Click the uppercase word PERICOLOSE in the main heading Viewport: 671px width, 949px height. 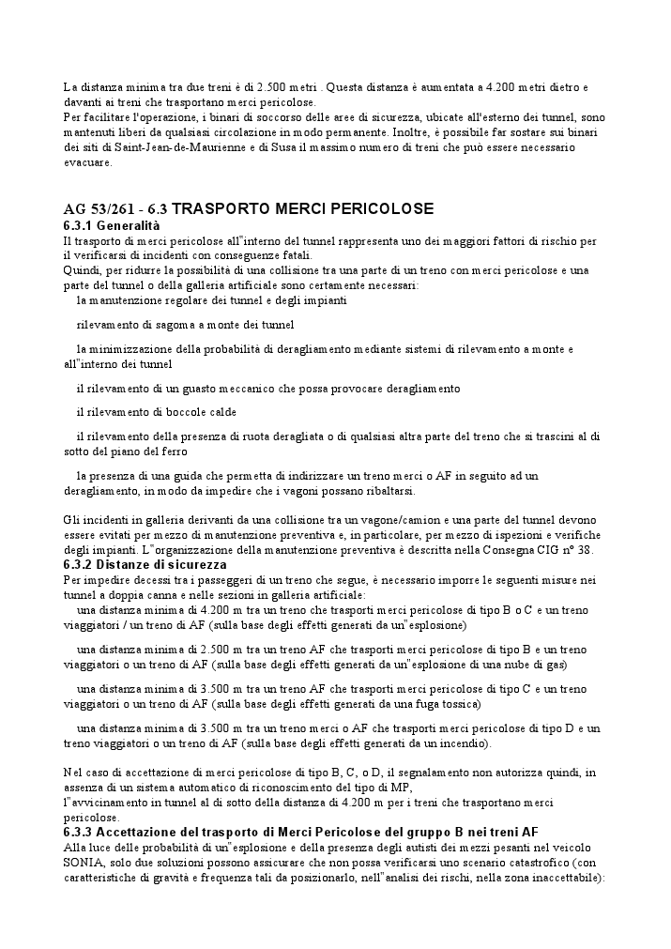click(374, 208)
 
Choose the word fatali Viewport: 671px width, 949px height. click(290, 255)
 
